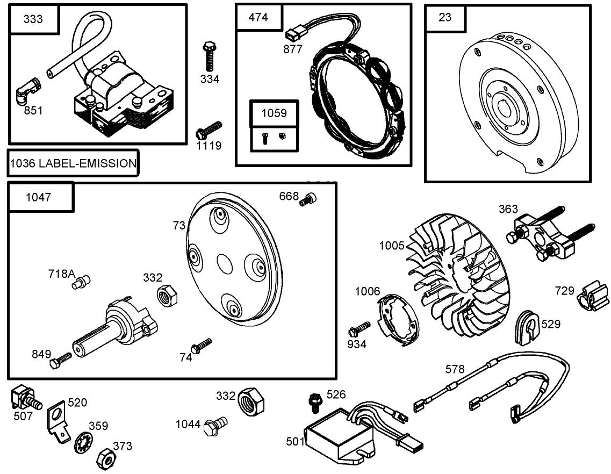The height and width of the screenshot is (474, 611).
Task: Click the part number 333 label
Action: coord(33,19)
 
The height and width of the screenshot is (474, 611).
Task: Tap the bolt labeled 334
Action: coord(209,55)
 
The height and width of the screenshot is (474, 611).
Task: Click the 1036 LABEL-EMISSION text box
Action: coord(73,163)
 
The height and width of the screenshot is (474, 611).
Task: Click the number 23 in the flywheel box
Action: coord(445,17)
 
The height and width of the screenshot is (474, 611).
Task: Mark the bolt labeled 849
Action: coord(61,360)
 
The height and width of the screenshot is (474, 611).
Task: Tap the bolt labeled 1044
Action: coord(216,425)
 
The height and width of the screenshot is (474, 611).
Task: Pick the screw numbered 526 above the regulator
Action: coord(314,401)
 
